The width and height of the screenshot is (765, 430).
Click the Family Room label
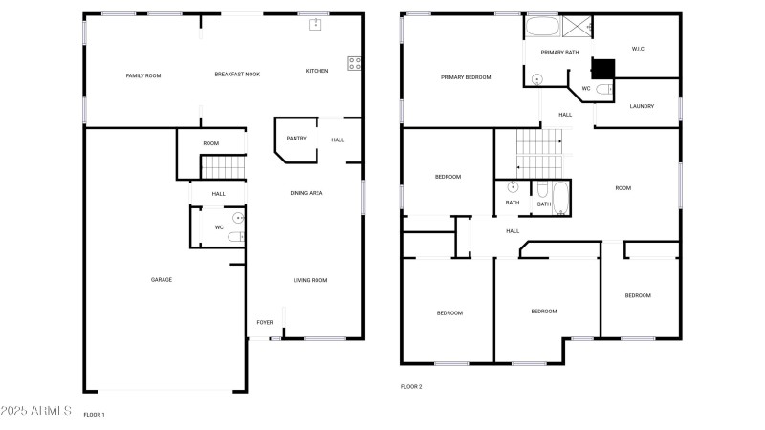[x=143, y=75]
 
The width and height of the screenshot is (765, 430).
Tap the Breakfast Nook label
[x=237, y=75]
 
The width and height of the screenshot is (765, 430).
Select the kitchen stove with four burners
[x=355, y=63]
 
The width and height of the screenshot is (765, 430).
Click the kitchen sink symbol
[x=316, y=25]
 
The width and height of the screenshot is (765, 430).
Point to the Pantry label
[x=296, y=139]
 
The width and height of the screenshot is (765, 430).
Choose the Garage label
[x=162, y=280]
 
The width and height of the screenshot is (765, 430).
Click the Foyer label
[x=265, y=322]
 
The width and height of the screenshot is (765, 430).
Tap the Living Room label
[x=310, y=280]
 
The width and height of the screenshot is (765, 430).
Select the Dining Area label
[x=306, y=193]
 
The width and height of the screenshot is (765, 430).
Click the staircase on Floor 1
[x=224, y=166]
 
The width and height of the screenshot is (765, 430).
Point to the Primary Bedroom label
[x=466, y=77]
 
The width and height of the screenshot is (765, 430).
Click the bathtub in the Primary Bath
[x=543, y=27]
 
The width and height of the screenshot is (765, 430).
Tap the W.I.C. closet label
[x=639, y=49]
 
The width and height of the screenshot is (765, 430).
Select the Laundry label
[x=642, y=106]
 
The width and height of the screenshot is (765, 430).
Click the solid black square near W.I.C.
[x=603, y=69]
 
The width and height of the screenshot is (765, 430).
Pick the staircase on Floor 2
[x=539, y=154]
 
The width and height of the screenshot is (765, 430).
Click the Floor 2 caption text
[x=411, y=387]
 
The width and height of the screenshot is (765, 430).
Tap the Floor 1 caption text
[x=94, y=415]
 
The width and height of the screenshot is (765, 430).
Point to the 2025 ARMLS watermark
[x=36, y=411]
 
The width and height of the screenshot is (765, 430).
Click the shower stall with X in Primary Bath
[x=578, y=27]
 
